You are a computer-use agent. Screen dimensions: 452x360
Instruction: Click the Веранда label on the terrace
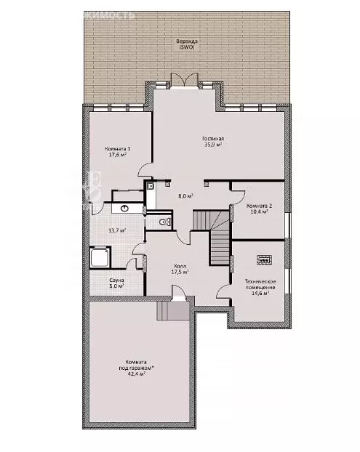[186, 41]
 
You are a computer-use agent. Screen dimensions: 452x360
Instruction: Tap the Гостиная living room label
[213, 138]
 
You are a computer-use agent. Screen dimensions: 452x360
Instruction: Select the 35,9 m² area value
[213, 145]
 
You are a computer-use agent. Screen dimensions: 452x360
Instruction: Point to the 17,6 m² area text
[117, 155]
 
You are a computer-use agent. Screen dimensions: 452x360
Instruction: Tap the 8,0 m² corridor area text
[186, 195]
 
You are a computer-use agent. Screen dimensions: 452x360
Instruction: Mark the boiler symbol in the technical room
[263, 257]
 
